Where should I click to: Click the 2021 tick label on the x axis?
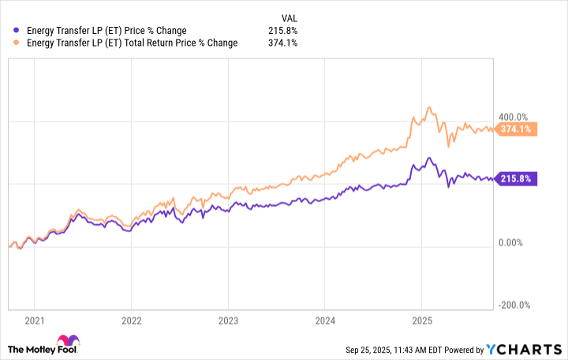click(34, 321)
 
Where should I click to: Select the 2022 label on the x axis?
click(131, 321)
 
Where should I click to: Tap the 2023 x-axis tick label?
click(228, 321)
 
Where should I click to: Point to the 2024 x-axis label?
click(325, 321)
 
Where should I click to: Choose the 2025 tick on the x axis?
click(422, 321)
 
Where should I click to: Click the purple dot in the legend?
click(17, 31)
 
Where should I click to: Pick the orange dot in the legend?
click(17, 43)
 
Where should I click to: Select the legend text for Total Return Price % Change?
click(133, 43)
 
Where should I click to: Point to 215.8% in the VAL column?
click(283, 31)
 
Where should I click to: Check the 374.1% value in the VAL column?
click(283, 43)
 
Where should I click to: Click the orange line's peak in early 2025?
click(428, 107)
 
